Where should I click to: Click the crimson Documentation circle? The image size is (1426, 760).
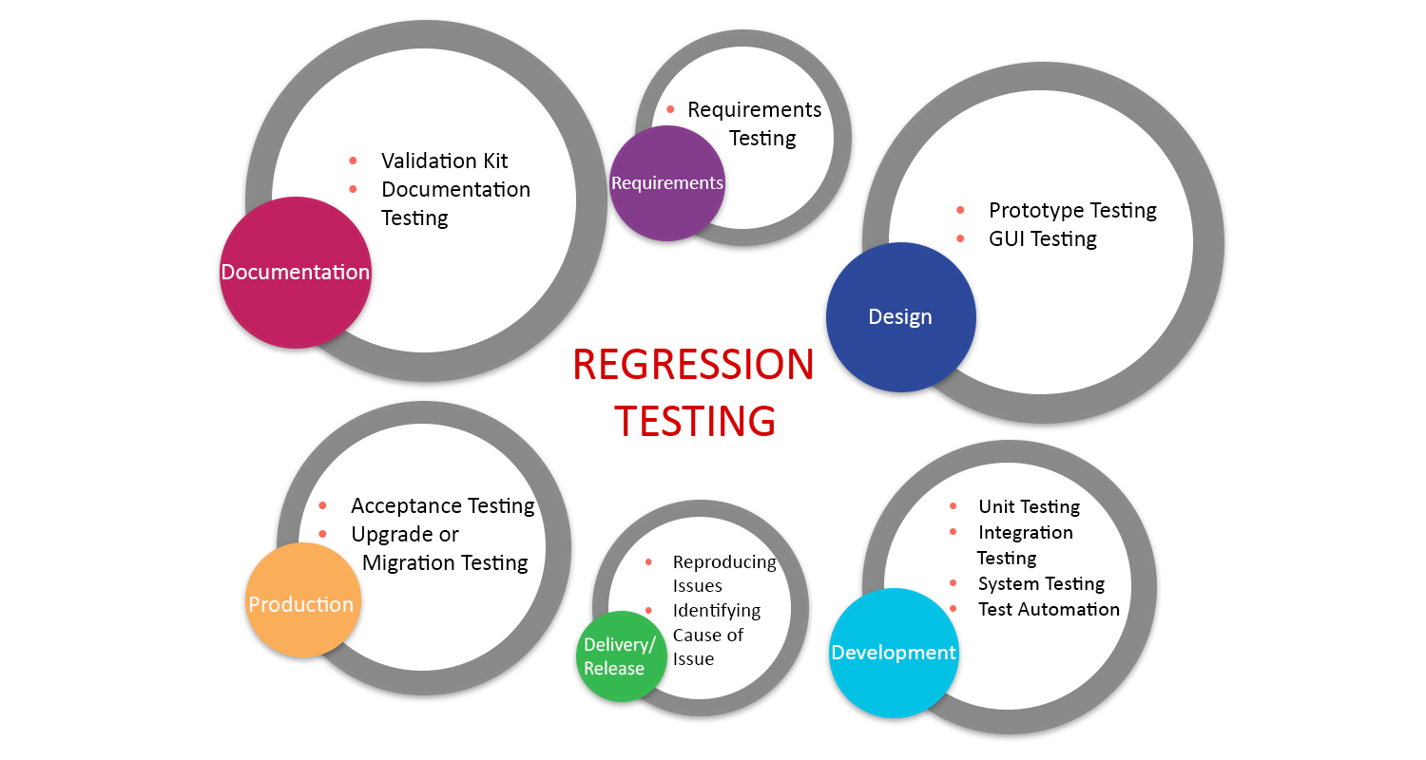point(295,273)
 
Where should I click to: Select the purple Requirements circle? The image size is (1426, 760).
point(666,183)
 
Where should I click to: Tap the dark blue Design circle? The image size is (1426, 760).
point(900,317)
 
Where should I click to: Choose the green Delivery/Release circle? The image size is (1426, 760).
point(620,656)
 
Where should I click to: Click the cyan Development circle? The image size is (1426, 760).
point(893,653)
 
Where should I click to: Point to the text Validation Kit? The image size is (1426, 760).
point(445,161)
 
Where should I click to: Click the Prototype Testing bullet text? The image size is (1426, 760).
point(1072,210)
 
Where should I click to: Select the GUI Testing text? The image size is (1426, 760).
point(1043,238)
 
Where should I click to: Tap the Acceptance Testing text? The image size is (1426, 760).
point(443,505)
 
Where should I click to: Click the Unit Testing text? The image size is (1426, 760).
point(1029,506)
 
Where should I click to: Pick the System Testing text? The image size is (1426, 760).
point(1041,583)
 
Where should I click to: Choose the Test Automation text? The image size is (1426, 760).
point(1049,609)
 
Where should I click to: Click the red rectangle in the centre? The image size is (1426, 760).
point(692,408)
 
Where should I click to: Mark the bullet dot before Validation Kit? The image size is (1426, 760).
point(354,161)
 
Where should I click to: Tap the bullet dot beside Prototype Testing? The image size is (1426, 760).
point(960,210)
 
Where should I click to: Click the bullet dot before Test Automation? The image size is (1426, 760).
point(953,609)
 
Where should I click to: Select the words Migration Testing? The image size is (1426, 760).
point(445,562)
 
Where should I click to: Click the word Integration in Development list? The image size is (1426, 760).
point(1025,532)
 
